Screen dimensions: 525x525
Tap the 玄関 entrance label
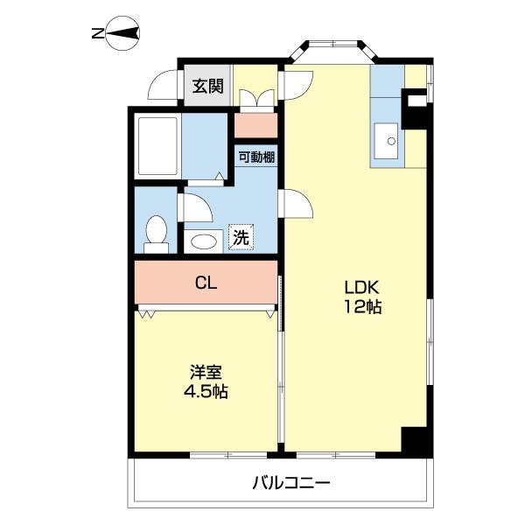[x=208, y=86]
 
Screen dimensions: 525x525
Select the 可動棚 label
[x=256, y=157]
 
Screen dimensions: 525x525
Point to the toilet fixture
[x=157, y=232]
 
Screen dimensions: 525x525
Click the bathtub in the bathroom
[x=158, y=145]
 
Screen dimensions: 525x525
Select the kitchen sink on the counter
[x=386, y=139]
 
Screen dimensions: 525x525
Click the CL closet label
[x=206, y=283]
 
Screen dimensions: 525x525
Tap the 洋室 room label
[x=206, y=371]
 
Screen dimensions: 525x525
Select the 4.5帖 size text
[x=206, y=391]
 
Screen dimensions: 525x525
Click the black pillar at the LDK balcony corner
[x=416, y=442]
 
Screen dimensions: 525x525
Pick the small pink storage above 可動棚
[x=256, y=125]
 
